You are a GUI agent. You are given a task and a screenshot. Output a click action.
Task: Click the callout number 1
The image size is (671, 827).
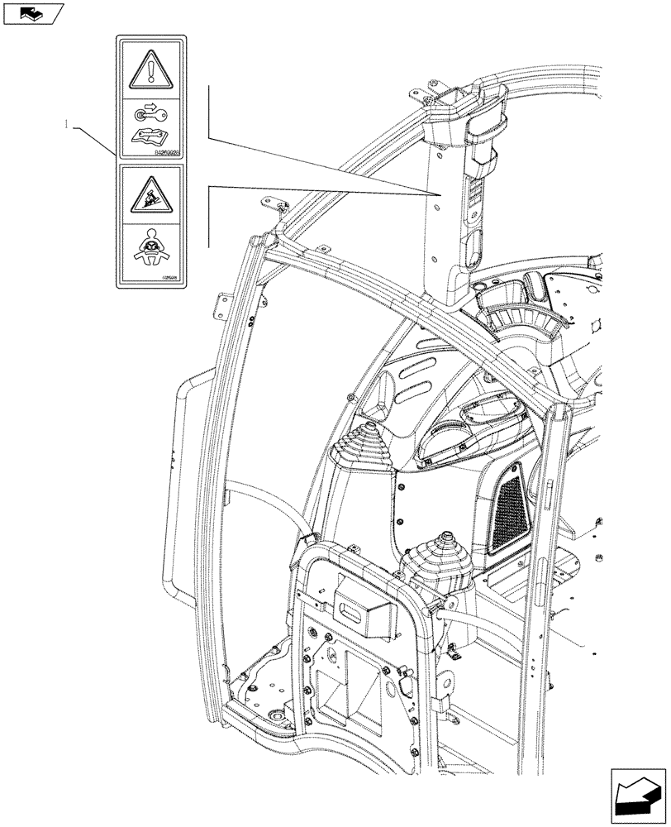[x=64, y=124]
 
